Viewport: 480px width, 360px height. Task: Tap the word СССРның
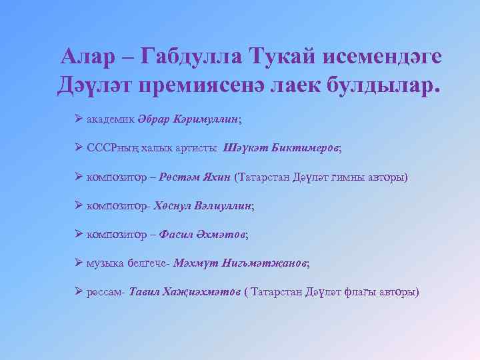pos(115,148)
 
